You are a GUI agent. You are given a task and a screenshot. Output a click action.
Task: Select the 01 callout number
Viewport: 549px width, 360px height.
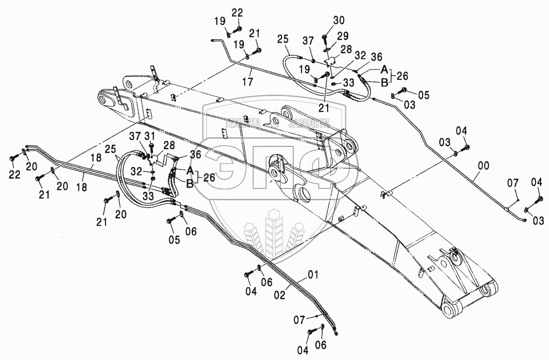tap(313, 274)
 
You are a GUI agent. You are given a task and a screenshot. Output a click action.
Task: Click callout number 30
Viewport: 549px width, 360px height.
tap(339, 21)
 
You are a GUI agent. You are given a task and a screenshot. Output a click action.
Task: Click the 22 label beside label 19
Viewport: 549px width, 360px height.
tap(238, 13)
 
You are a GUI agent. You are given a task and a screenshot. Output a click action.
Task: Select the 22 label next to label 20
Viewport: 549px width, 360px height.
tap(15, 175)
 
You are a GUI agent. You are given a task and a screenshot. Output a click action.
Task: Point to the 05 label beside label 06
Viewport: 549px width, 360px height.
tap(173, 240)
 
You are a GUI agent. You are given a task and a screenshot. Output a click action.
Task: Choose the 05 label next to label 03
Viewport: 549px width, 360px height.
tap(423, 95)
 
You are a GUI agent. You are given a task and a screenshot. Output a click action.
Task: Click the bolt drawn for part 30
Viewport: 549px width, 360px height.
tap(325, 38)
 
